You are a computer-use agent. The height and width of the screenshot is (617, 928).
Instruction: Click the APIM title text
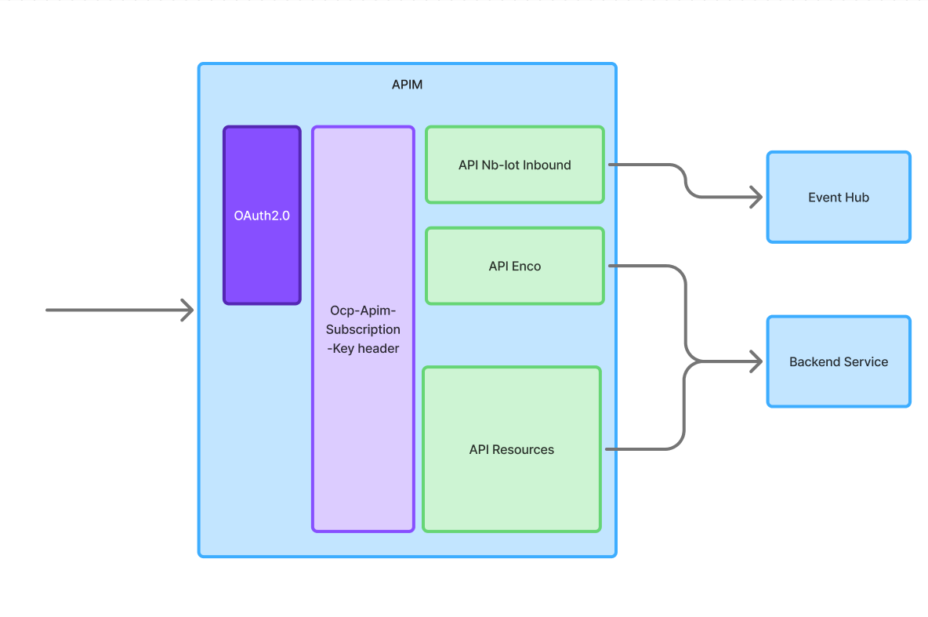coord(407,85)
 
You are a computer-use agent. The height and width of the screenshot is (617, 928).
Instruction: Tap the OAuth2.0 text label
coord(262,216)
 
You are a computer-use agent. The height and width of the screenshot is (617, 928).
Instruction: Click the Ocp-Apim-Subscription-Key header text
coord(363,328)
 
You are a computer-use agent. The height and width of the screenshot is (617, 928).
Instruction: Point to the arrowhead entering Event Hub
coord(757,198)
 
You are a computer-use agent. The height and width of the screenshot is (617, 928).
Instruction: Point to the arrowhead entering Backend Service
coord(757,362)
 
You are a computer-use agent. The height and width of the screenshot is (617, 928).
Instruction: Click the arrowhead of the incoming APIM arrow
coord(189,310)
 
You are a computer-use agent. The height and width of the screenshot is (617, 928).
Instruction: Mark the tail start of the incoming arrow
coord(48,310)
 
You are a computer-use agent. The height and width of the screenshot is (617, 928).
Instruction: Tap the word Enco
coord(527,267)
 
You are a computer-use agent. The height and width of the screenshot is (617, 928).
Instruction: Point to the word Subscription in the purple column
coord(363,329)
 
